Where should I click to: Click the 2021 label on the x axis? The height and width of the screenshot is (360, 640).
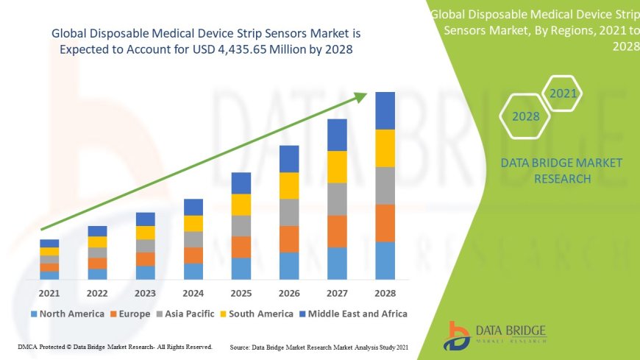[49, 293]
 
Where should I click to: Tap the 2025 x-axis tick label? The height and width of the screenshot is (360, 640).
[241, 293]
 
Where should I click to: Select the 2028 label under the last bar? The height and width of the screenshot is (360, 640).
[385, 293]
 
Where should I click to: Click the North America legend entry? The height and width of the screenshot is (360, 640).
[67, 314]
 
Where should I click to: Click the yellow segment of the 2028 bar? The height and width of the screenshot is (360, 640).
[385, 148]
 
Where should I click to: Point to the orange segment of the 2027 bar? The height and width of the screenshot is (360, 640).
[337, 231]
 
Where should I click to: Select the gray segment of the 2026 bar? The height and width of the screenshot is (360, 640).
[289, 212]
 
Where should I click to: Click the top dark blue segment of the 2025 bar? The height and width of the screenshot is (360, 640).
[241, 183]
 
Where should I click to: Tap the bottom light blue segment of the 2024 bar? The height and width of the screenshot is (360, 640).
[193, 272]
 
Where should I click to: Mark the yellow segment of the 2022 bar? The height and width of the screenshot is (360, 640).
[97, 241]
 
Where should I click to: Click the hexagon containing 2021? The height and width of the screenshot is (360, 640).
[563, 93]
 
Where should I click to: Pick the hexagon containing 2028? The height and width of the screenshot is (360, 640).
[525, 116]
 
